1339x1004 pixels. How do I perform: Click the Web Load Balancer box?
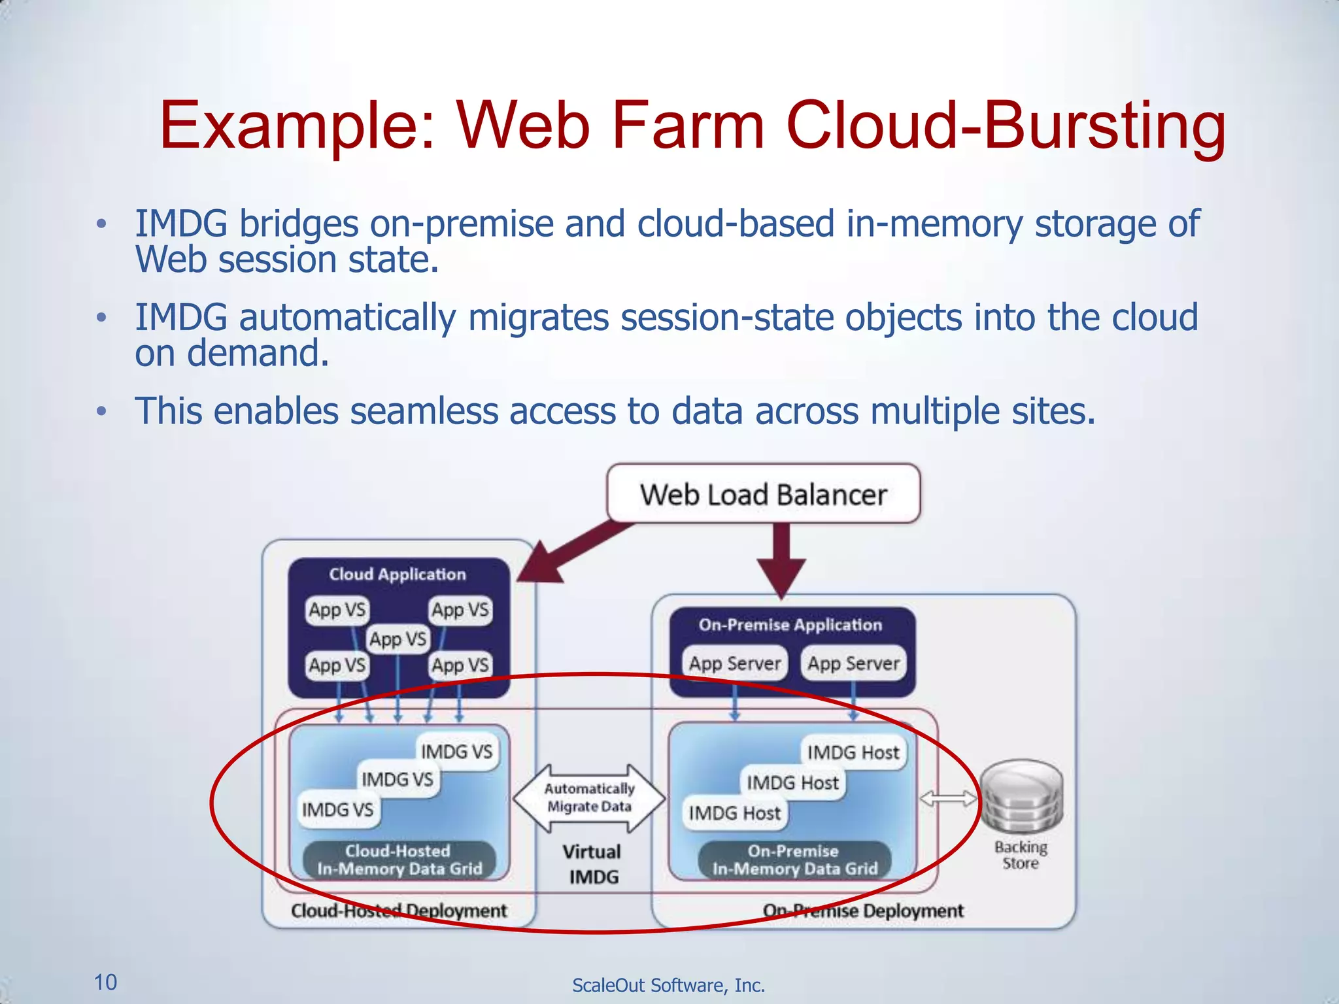[x=763, y=494]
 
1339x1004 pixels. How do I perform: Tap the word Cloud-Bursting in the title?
[x=1006, y=125]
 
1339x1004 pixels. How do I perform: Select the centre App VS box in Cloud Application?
[x=398, y=639]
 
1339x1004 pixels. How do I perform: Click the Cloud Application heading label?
[x=398, y=574]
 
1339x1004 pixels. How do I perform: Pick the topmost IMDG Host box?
[x=853, y=752]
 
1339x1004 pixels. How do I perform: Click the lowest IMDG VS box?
[x=337, y=809]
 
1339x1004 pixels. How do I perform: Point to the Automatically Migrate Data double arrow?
[x=589, y=798]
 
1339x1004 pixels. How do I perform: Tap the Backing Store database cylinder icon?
[x=1022, y=798]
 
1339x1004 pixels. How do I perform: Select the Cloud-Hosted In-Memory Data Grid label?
[x=399, y=860]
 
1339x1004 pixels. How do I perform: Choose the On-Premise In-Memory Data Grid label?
[x=794, y=860]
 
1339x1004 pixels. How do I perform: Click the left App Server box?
[x=734, y=663]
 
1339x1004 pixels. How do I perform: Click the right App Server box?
[x=853, y=663]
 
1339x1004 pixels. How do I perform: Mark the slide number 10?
[x=105, y=982]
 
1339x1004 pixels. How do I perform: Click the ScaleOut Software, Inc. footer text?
[x=668, y=985]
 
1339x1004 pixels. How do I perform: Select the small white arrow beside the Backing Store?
[x=948, y=798]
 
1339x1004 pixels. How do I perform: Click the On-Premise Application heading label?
[x=790, y=625]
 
